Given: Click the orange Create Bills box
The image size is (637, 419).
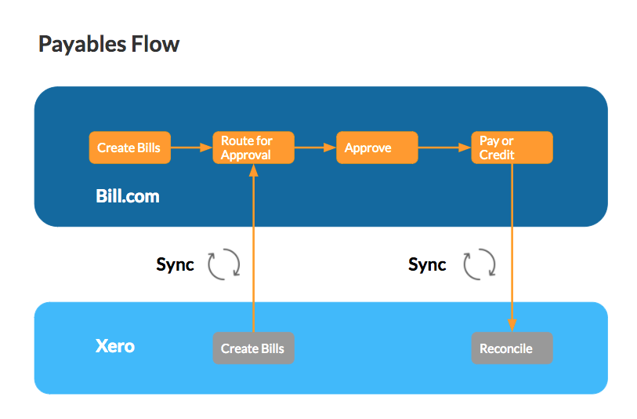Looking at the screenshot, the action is click(129, 148).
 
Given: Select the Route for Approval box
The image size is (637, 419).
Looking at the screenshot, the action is click(254, 148).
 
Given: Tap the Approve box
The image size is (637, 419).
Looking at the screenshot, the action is click(377, 148).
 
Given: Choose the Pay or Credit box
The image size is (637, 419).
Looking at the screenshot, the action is click(512, 148).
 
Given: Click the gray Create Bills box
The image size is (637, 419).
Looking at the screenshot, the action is click(254, 348).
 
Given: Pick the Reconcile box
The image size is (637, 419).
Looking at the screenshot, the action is click(512, 348).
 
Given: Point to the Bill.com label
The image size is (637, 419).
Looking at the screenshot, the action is click(128, 196).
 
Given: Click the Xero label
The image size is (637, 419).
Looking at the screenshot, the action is click(115, 346).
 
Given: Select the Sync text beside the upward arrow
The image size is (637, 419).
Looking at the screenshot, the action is click(175, 265).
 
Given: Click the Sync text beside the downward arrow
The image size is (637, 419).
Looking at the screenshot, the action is click(427, 265).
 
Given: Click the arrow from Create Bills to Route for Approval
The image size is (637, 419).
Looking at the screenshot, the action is click(192, 148).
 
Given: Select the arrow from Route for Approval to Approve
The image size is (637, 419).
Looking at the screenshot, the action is click(315, 148).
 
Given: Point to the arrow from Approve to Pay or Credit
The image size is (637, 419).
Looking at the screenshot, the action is click(444, 148).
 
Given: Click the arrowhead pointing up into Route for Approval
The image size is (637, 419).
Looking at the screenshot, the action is click(254, 170).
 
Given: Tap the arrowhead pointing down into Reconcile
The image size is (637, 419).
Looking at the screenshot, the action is click(512, 326).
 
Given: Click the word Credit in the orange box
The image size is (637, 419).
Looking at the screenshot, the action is click(497, 155).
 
